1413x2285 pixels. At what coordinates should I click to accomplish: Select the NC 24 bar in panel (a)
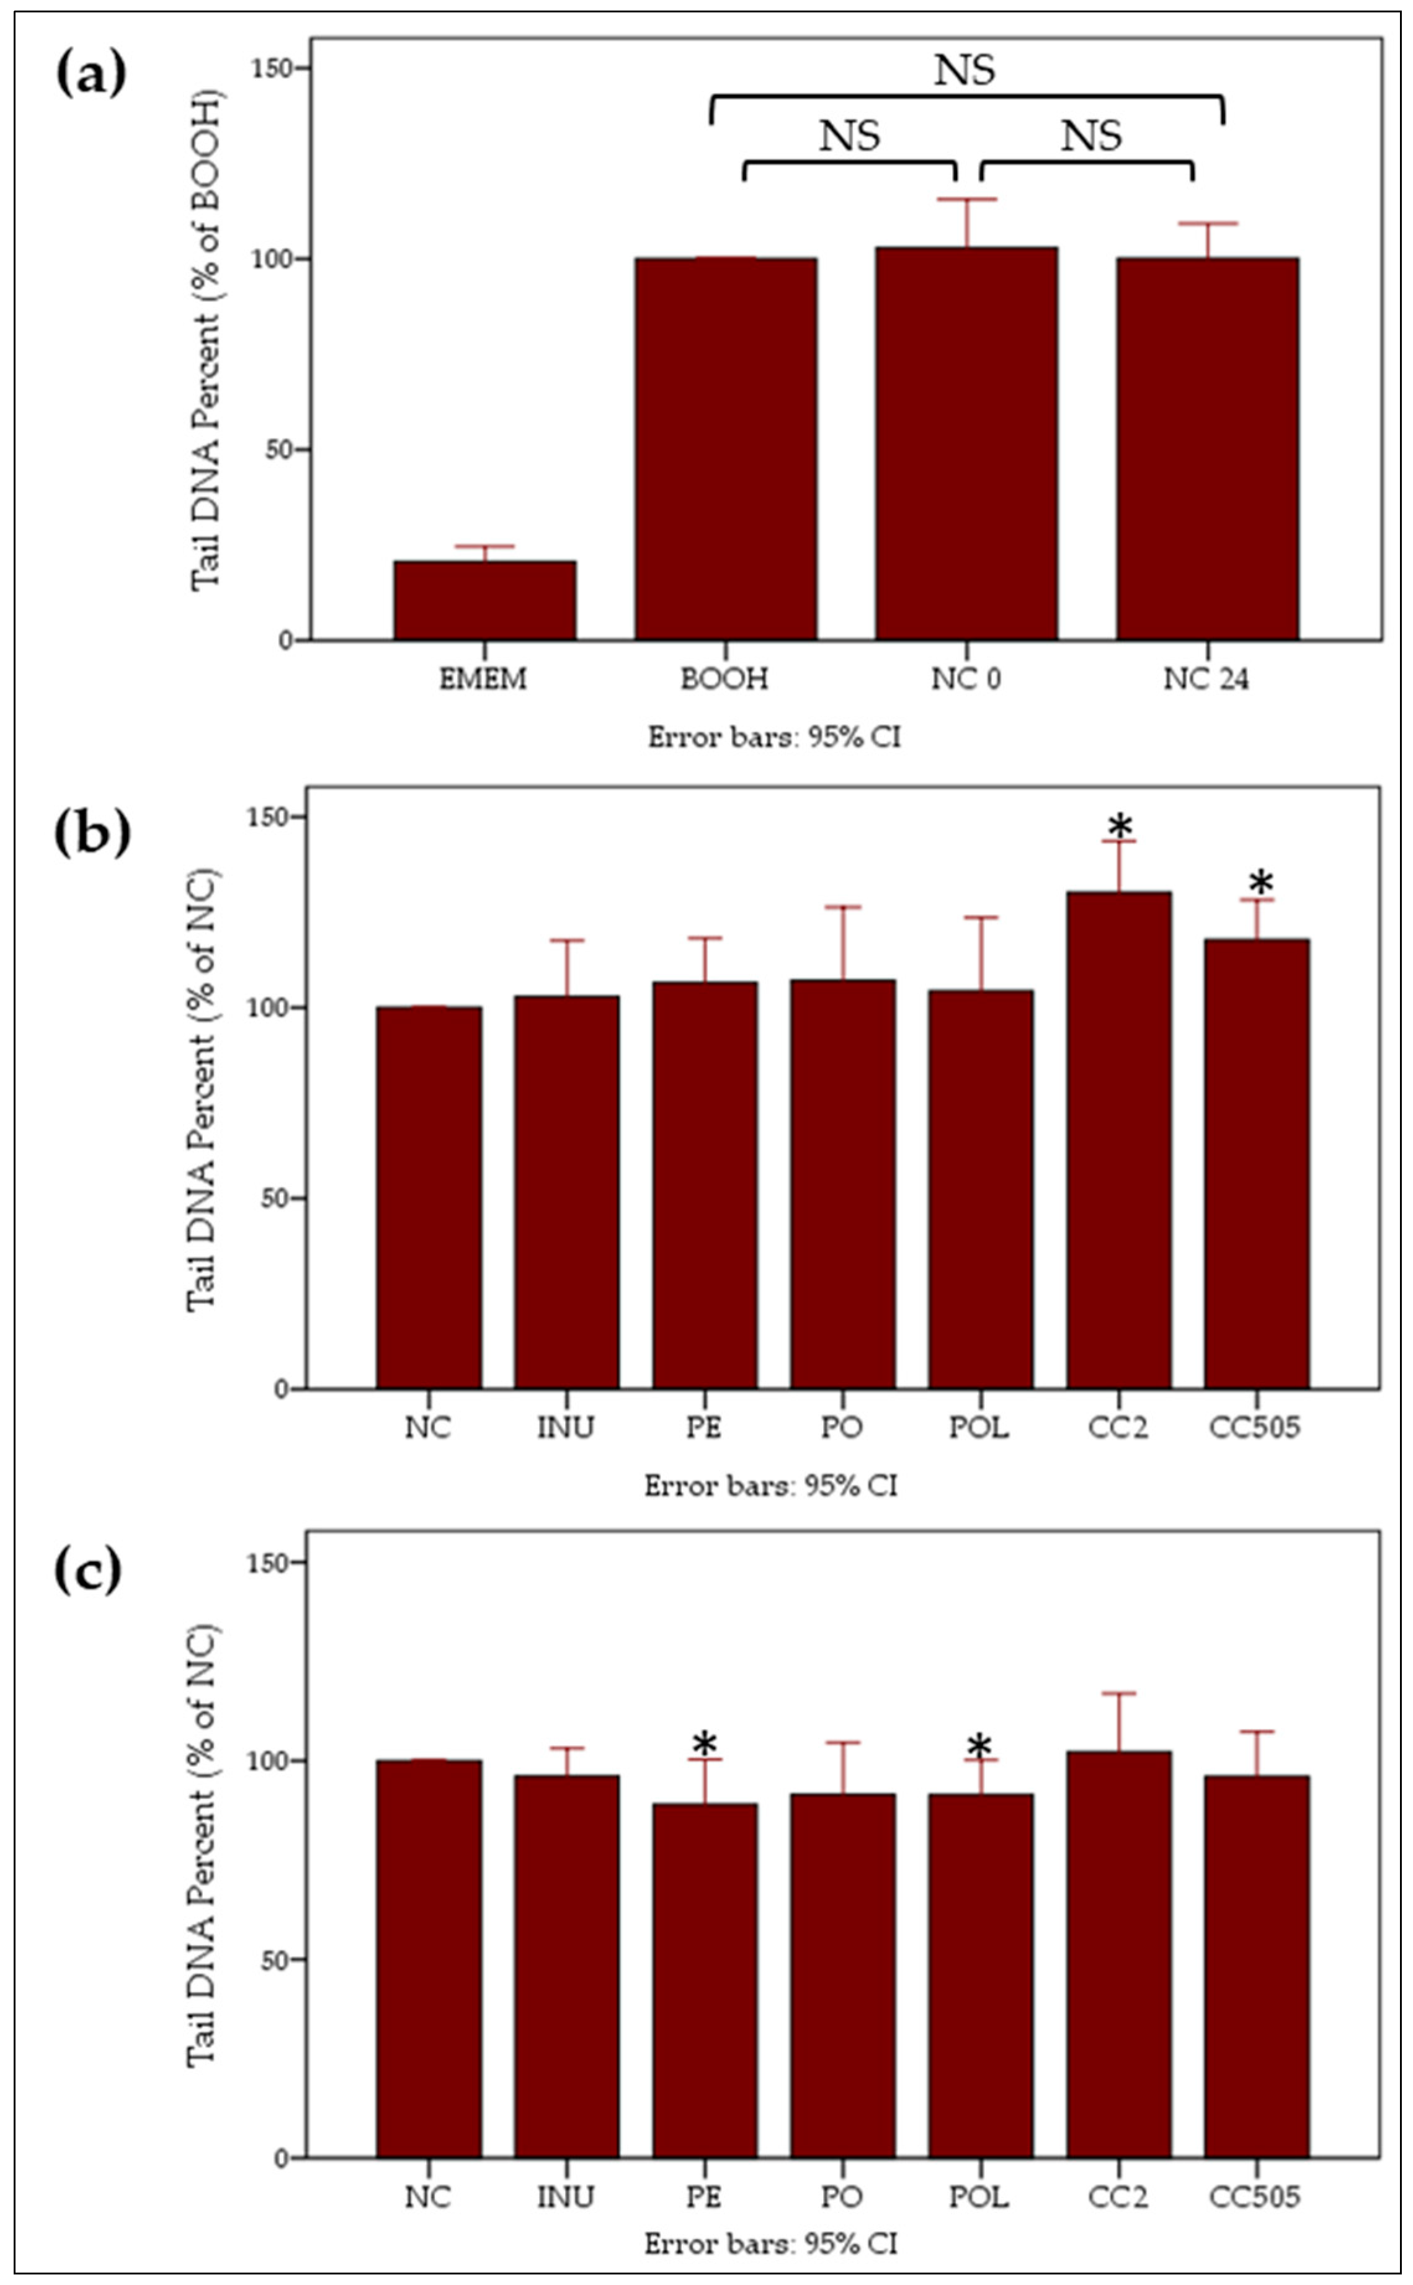(1208, 448)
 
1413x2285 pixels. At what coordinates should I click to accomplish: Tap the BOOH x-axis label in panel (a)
(724, 679)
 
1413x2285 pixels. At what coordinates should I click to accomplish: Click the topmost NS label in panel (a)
(965, 71)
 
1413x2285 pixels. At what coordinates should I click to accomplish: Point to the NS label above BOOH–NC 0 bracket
(850, 136)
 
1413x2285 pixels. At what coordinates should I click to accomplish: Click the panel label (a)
(91, 75)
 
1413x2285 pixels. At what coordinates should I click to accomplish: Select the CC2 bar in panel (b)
(1118, 1140)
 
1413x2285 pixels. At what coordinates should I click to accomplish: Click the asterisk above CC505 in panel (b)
(1260, 883)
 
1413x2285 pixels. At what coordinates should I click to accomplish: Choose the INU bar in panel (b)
(566, 1191)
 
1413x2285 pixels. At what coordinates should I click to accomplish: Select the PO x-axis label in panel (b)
(841, 1427)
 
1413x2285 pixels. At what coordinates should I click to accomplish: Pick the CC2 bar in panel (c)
(1118, 1953)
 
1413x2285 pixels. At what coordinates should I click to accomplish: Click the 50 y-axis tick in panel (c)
(277, 1959)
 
